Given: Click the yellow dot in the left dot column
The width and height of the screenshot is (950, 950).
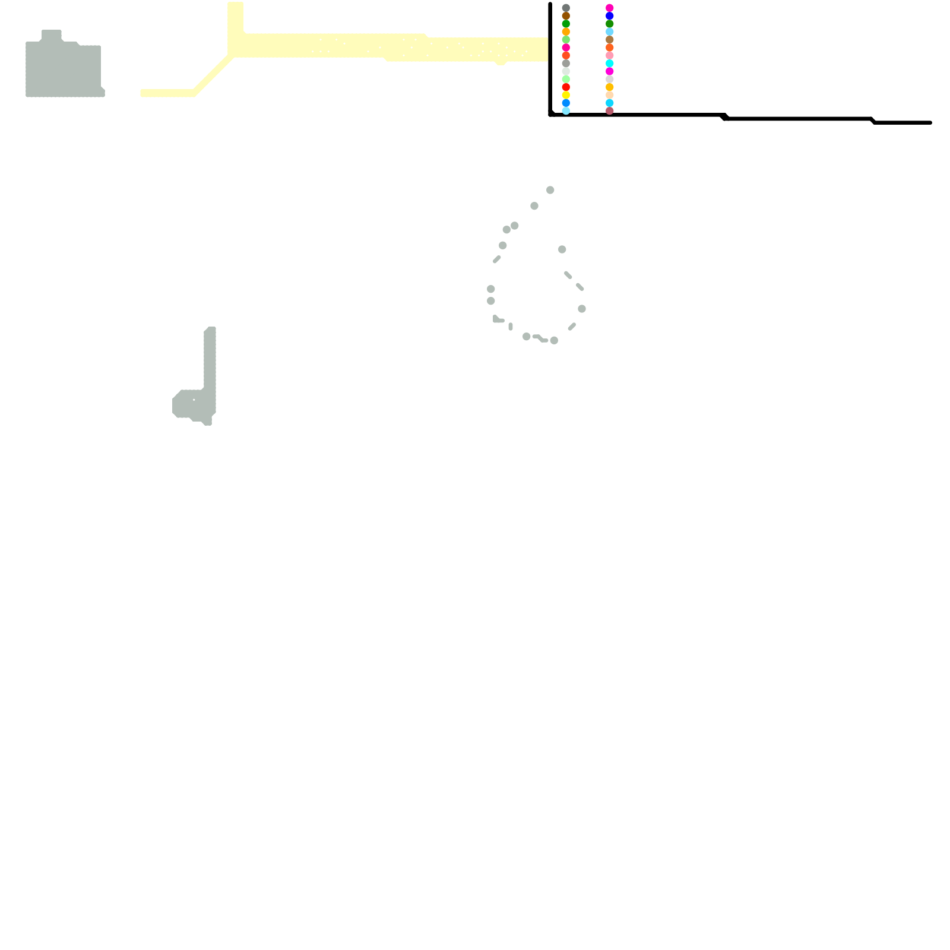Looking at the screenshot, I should pos(566,95).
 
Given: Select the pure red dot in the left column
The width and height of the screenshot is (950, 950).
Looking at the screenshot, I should pos(566,87).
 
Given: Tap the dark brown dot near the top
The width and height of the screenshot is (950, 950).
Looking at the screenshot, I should pos(566,16).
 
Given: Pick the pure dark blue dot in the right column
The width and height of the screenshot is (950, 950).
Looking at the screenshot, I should pos(609,16).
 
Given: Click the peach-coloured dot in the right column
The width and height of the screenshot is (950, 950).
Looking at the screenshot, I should pos(609,95).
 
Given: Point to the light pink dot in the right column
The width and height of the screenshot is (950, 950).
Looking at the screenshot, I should pos(609,55).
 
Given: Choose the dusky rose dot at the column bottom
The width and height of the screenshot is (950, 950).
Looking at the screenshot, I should pos(609,110).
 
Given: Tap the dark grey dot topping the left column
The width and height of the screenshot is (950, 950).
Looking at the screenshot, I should pos(566,8).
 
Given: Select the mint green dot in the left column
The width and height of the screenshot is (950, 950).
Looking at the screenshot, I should pos(566,79).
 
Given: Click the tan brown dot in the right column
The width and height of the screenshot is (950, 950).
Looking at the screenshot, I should pos(609,40).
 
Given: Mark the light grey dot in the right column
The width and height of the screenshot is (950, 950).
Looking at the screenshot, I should pos(609,79).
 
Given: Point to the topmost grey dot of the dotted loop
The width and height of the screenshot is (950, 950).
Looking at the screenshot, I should pos(550,190).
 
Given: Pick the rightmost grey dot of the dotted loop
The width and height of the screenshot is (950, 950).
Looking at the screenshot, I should pos(581,309).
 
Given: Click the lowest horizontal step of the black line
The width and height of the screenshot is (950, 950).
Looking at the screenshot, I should pos(902,122).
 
